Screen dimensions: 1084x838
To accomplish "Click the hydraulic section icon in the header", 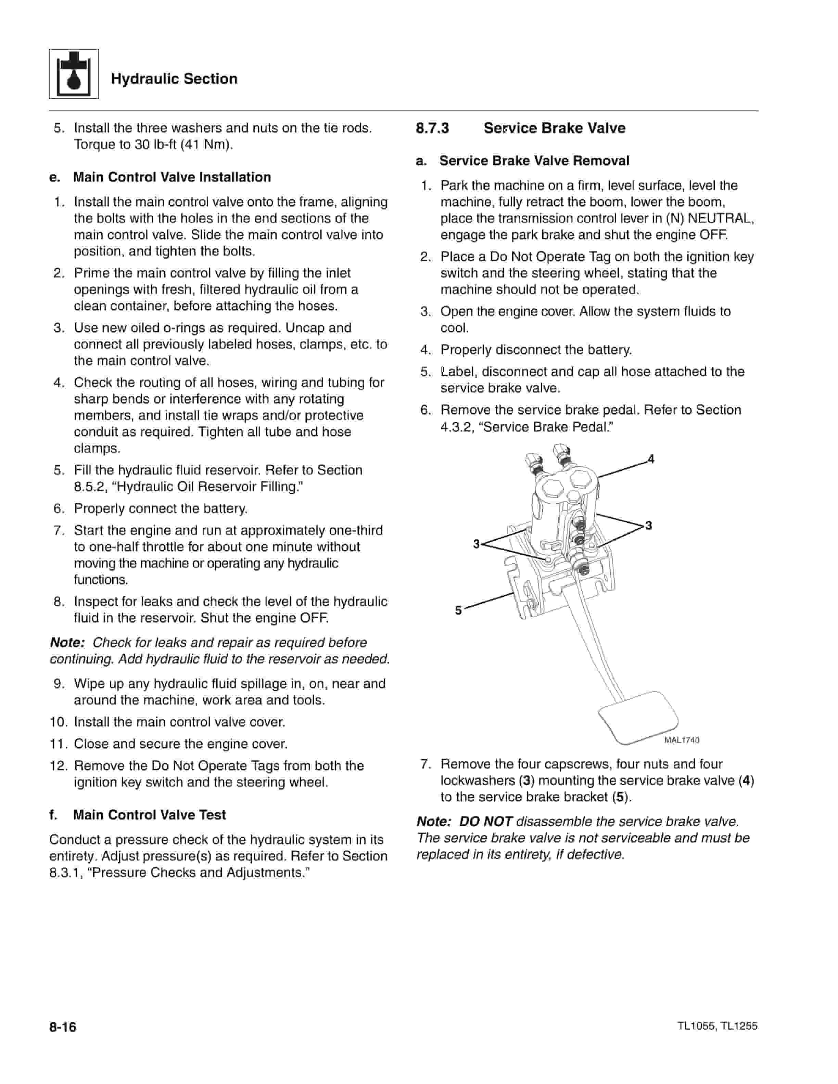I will point(74,74).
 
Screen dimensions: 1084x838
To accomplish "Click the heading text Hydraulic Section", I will point(174,79).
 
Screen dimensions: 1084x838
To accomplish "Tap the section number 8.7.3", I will point(432,128).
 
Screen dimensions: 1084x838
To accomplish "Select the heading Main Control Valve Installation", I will point(172,177).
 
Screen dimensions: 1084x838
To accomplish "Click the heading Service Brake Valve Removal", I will point(534,161).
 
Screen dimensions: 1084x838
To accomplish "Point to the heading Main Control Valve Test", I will point(149,815).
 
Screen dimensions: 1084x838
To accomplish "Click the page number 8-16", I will point(63,1027).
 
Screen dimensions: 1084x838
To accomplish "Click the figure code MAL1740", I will point(682,740).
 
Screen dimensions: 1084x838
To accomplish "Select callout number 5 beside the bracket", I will point(459,610).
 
